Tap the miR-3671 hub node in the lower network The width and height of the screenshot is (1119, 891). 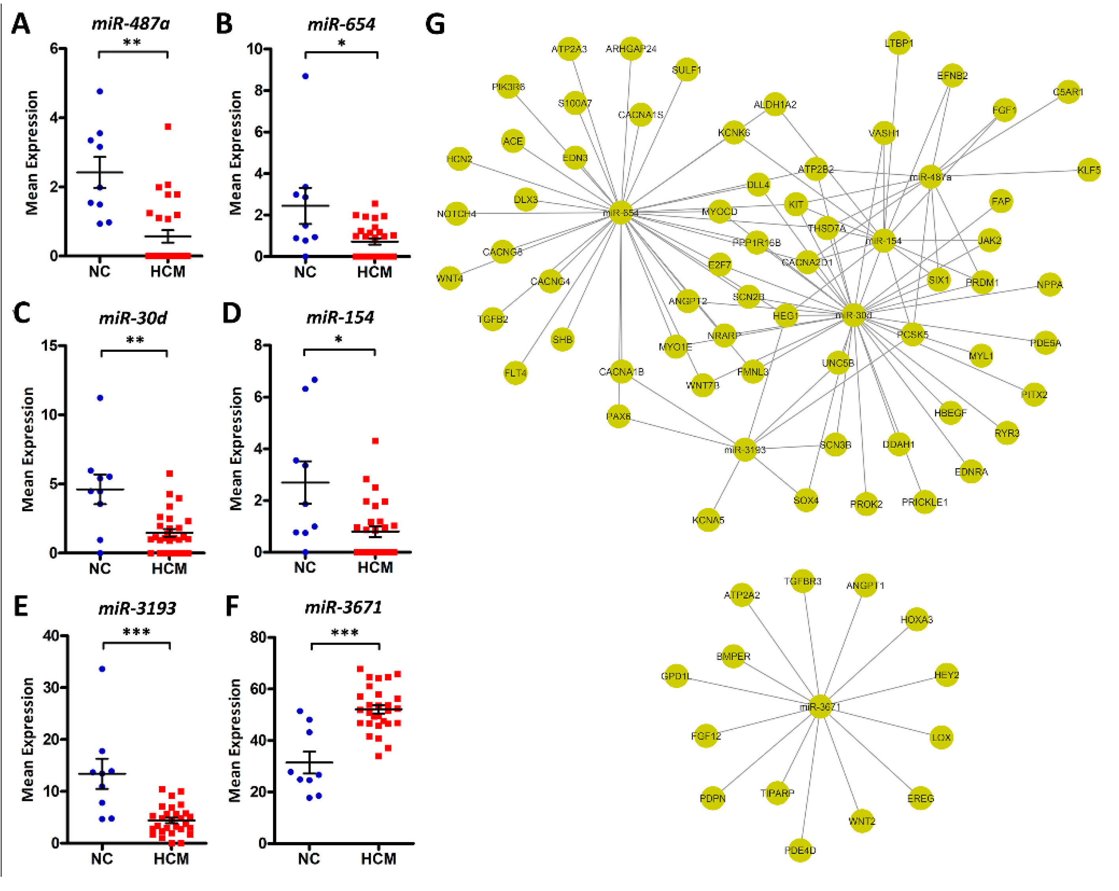(x=820, y=706)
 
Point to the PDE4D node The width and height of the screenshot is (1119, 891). (x=800, y=850)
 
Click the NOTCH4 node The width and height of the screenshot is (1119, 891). (x=457, y=213)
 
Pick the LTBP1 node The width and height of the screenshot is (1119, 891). (x=899, y=43)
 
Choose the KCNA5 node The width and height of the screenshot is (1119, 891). (x=708, y=519)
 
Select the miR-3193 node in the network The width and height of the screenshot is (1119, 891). (x=745, y=449)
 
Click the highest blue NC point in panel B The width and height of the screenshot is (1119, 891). (x=306, y=76)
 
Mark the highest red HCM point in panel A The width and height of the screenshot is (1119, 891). (x=168, y=127)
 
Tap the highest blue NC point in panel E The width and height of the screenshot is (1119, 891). (x=102, y=669)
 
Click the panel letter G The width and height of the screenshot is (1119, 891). (x=435, y=24)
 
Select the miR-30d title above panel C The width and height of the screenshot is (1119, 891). (x=133, y=318)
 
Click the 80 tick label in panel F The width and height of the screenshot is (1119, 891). (x=258, y=637)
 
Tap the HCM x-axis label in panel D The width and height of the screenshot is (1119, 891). (x=375, y=568)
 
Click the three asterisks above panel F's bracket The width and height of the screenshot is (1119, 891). (x=345, y=633)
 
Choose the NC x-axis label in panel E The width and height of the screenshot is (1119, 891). (x=102, y=859)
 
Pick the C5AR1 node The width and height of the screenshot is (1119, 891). (x=1068, y=92)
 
